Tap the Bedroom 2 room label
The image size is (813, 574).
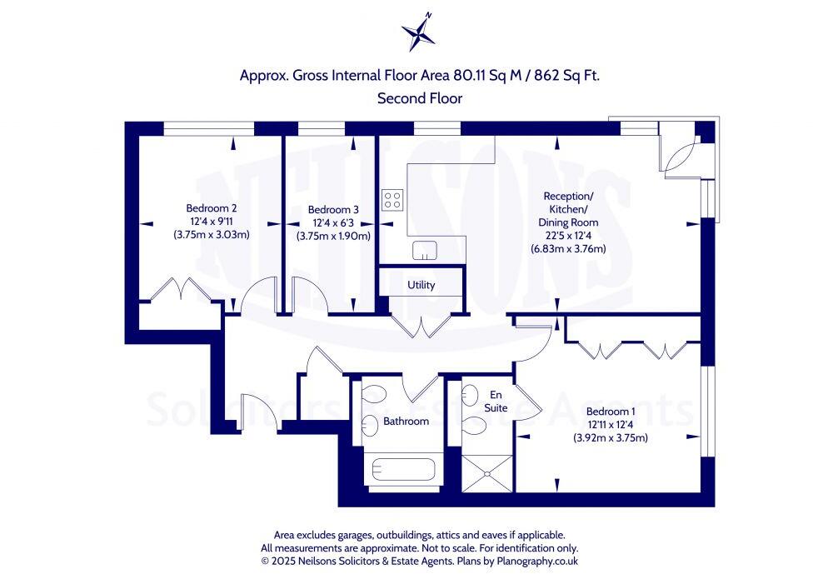click(212, 208)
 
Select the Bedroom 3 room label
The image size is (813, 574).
click(333, 210)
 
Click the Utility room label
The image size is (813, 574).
click(421, 285)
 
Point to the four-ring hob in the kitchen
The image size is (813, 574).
click(393, 200)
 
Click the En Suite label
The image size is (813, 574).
click(496, 402)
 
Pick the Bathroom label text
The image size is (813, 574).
click(406, 422)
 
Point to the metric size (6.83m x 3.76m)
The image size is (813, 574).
click(568, 248)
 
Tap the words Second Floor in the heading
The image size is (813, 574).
click(420, 98)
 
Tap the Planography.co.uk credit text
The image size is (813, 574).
click(525, 562)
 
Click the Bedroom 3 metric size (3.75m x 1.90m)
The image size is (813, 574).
click(333, 236)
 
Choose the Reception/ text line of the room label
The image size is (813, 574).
click(567, 196)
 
